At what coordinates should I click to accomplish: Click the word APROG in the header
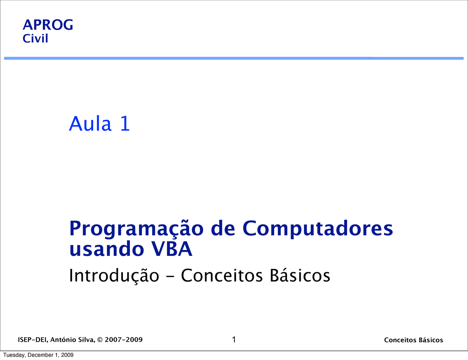click(x=48, y=25)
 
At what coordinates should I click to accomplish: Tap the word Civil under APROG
click(x=35, y=39)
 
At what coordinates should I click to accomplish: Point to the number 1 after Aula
click(x=125, y=124)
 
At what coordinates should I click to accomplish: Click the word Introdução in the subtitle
click(x=114, y=276)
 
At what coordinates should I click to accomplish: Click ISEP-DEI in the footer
click(x=32, y=340)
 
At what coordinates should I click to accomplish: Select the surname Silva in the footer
click(x=86, y=340)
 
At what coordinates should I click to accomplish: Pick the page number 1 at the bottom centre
click(x=234, y=340)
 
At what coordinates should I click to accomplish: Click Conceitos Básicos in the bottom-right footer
click(x=413, y=340)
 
